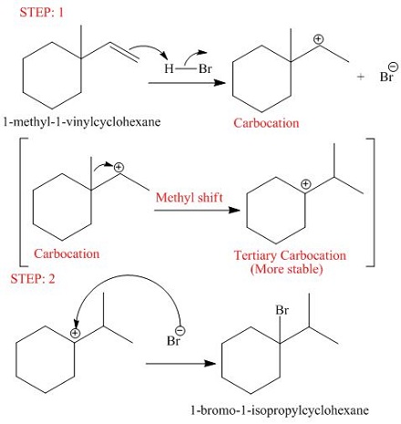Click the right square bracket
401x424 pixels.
[372, 202]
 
